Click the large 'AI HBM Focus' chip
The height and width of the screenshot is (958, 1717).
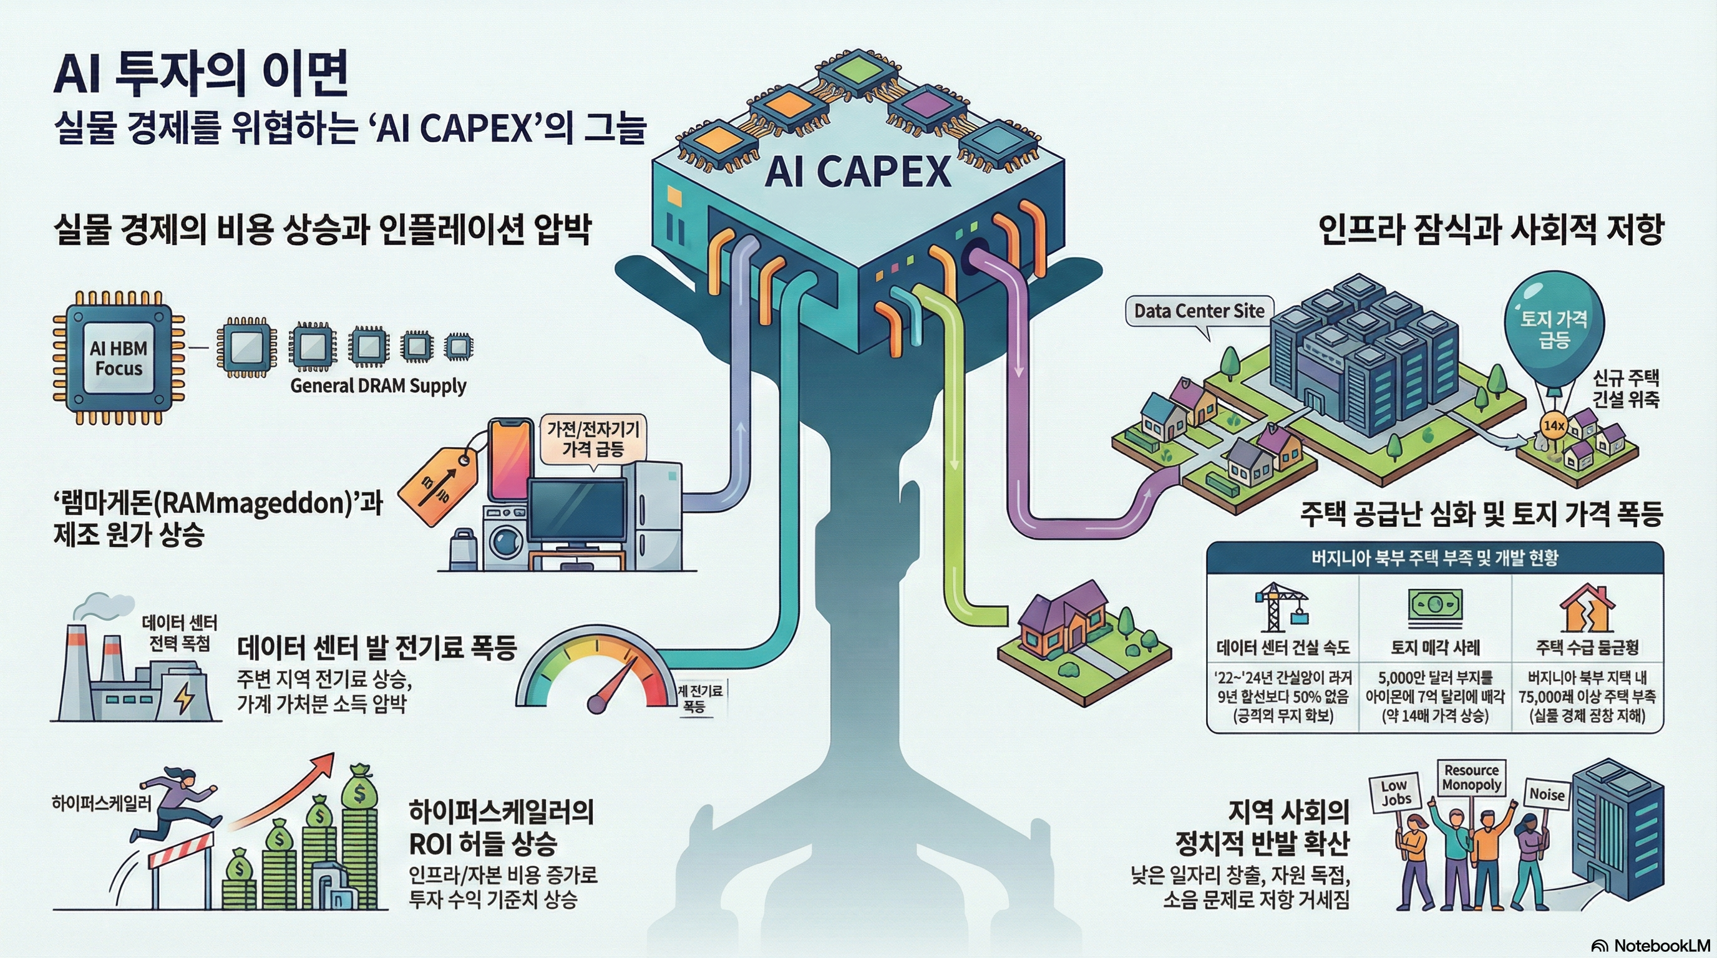tap(119, 358)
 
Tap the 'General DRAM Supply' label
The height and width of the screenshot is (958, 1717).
tap(378, 385)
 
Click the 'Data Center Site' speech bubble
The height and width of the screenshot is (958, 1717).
tap(1199, 311)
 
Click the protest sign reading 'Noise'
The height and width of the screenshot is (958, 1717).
tap(1547, 794)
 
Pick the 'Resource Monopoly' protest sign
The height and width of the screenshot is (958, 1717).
tap(1471, 778)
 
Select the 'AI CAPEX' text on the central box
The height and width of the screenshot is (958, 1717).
tap(858, 172)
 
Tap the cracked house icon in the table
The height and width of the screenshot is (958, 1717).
tap(1587, 607)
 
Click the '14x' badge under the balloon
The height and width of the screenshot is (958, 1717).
tap(1554, 425)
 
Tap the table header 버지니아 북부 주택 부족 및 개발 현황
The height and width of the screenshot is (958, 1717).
tap(1435, 558)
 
